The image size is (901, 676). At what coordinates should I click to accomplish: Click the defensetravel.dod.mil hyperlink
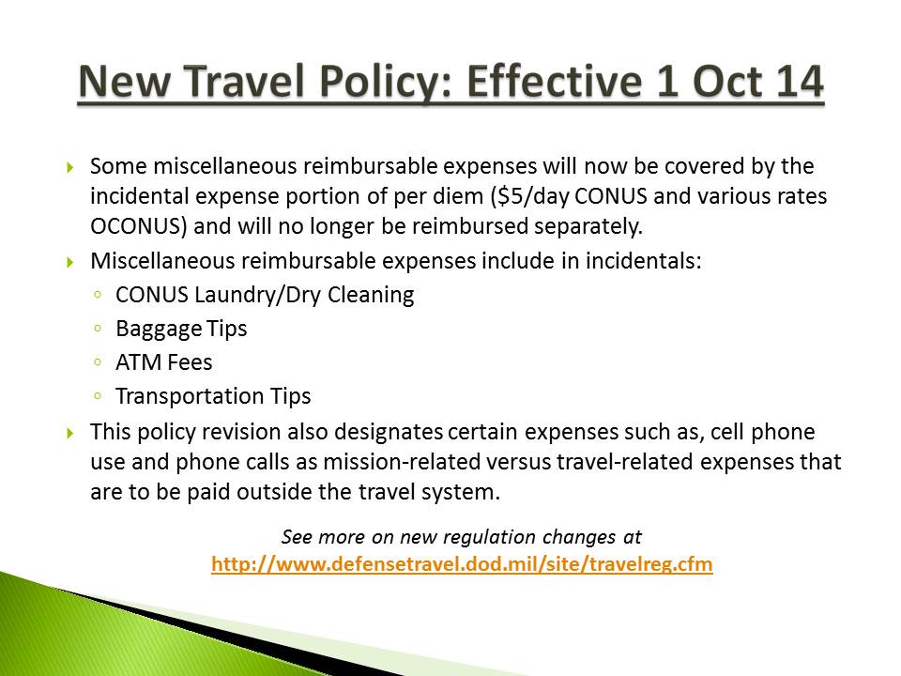coord(462,564)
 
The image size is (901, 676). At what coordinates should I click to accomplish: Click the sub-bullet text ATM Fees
coord(164,361)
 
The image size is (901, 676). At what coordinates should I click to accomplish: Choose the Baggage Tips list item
coord(181,328)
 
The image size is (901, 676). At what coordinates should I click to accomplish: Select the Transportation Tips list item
coord(213,395)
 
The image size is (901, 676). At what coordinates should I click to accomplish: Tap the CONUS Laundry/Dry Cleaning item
coord(265,294)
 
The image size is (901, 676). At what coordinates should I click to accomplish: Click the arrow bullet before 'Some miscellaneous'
coord(70,167)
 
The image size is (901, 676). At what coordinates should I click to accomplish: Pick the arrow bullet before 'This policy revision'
coord(70,433)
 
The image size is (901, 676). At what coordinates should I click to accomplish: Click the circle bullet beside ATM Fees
coord(99,362)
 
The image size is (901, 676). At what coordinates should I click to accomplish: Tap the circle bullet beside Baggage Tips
coord(99,329)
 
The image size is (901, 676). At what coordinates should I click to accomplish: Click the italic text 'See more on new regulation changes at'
coord(462,537)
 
